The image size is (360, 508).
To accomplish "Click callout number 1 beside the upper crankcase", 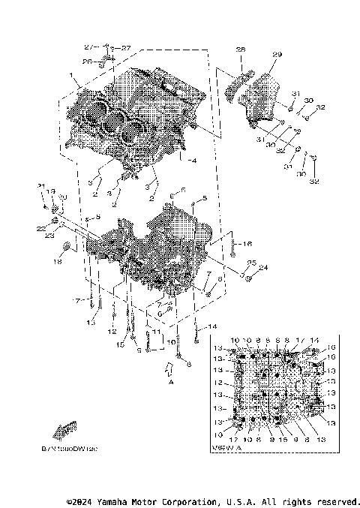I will (72, 77).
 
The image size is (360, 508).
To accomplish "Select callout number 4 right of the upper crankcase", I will (193, 161).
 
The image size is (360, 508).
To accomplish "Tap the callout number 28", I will (241, 50).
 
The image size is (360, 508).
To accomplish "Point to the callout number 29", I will (277, 55).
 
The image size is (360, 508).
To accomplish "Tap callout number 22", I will (40, 228).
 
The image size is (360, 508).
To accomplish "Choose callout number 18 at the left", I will (57, 262).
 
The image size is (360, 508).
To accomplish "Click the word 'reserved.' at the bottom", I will (335, 500).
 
